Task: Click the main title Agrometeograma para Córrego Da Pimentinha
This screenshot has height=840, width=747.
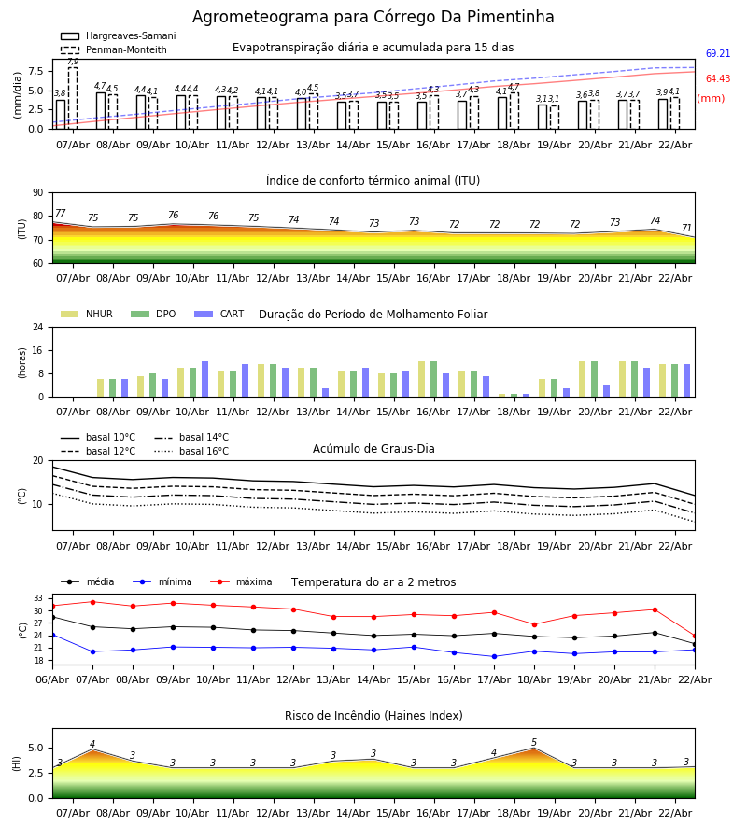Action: [x=373, y=18]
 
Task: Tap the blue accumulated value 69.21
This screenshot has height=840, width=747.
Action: [x=717, y=54]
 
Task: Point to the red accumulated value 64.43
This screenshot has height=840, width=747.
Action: [x=717, y=79]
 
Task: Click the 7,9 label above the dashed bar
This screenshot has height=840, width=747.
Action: [x=73, y=62]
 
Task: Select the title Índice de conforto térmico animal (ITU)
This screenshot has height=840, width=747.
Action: [x=373, y=181]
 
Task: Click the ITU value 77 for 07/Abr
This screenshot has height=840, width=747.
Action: [x=61, y=214]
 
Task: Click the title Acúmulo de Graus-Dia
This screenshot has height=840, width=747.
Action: [x=373, y=449]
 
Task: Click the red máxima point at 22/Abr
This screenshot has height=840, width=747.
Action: [x=694, y=636]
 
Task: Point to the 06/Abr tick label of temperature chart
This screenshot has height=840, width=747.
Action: [x=52, y=679]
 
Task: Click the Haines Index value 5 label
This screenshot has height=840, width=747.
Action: [x=534, y=743]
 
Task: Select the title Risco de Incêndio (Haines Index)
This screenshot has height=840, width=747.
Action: [x=373, y=716]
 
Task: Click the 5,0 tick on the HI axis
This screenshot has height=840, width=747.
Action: [x=34, y=748]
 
